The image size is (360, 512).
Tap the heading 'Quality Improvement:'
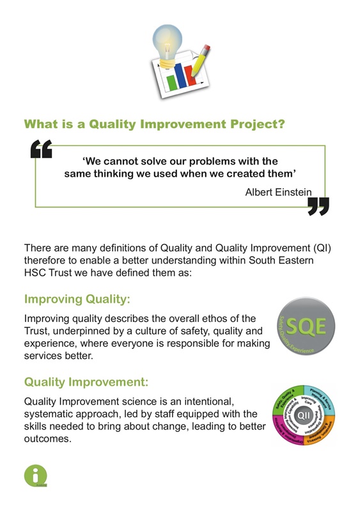point(86,382)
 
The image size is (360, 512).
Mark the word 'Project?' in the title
point(256,123)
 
